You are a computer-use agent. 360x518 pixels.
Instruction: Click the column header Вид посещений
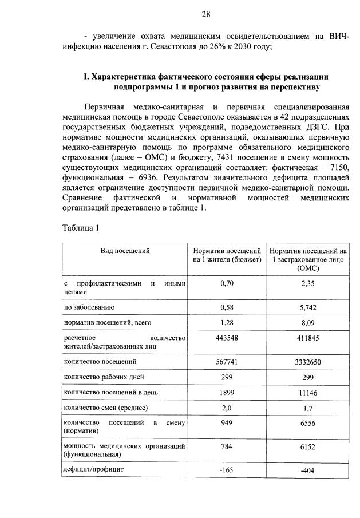pos(125,251)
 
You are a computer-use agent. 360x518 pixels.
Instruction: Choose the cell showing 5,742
pos(308,307)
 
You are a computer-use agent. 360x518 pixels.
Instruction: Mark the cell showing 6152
pos(308,446)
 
